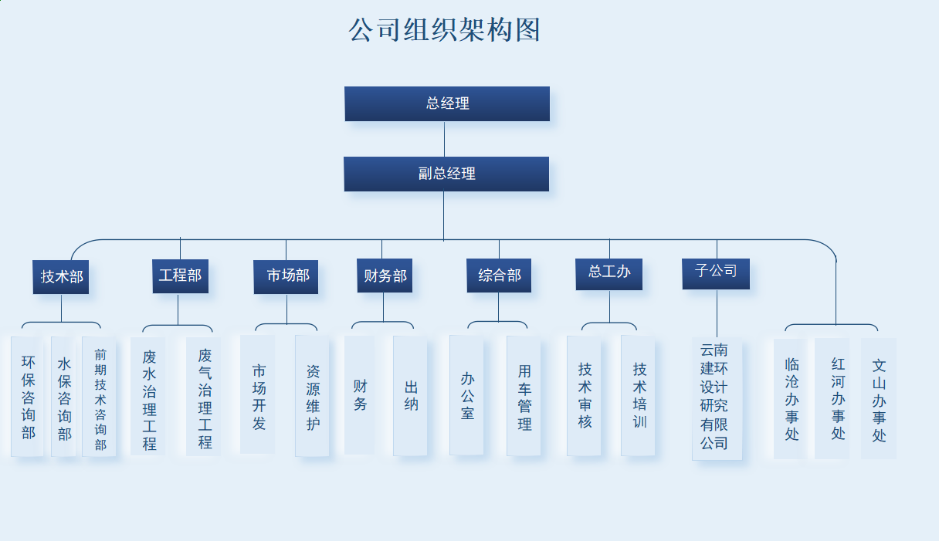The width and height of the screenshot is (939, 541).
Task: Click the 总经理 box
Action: point(447,103)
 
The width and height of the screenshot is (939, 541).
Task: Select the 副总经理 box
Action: point(446,174)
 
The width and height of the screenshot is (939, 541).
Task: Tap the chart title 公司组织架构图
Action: point(444,30)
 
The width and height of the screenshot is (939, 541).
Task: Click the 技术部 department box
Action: point(61,276)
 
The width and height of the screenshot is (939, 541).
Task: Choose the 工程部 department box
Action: point(180,276)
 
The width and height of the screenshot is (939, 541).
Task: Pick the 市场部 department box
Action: point(286,276)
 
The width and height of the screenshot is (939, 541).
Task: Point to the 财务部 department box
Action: point(385,276)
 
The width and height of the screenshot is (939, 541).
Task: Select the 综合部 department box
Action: point(499,276)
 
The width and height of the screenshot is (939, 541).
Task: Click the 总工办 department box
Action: point(608,274)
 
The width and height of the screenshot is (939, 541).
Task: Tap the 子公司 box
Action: point(716,273)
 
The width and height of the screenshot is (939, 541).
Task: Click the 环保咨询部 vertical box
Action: point(28,396)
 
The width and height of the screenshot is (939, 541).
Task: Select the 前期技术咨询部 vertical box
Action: point(100,396)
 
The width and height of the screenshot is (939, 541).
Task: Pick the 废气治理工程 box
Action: point(204,397)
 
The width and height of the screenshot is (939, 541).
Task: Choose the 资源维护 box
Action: point(312,396)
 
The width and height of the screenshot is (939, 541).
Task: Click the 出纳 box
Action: point(410,395)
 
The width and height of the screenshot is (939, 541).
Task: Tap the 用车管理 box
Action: point(524,396)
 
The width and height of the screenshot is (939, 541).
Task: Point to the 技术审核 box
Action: point(584,395)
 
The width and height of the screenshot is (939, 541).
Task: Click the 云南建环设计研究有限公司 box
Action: point(717,398)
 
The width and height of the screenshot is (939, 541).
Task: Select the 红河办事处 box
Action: point(832,398)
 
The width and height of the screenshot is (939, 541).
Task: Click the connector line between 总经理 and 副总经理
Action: point(444,139)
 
